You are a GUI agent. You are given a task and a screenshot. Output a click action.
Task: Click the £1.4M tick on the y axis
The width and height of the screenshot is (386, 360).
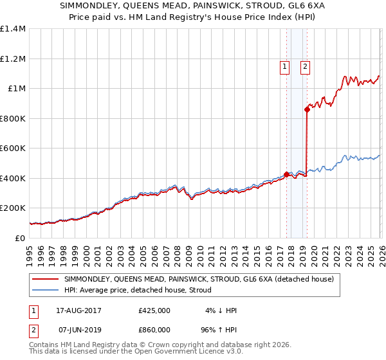[13, 29]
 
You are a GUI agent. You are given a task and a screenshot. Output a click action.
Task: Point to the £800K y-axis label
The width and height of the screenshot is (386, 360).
[13, 118]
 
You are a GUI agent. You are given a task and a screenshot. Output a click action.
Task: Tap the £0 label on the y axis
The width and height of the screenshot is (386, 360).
[19, 238]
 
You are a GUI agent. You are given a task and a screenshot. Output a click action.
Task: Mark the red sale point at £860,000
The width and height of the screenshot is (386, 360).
[308, 110]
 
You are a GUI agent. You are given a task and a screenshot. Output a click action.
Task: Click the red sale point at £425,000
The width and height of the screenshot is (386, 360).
[286, 174]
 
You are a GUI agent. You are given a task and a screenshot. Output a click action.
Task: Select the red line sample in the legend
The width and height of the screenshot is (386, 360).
[46, 280]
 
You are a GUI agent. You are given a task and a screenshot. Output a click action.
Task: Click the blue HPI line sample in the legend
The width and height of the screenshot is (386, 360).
[46, 291]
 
